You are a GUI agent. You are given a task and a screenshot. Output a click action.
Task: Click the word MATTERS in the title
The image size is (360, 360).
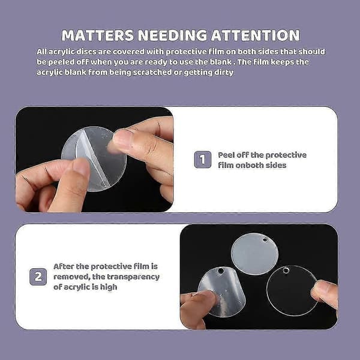click(98, 35)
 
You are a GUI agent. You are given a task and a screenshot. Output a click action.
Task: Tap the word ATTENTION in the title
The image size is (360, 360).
click(256, 35)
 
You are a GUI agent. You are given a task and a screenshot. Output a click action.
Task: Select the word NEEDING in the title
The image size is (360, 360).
click(172, 35)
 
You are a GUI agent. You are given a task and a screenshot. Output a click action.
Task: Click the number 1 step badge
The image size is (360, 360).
click(203, 160)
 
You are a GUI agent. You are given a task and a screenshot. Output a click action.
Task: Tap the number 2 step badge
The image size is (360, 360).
click(38, 277)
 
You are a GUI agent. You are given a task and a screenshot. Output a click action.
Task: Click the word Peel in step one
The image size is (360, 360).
click(226, 155)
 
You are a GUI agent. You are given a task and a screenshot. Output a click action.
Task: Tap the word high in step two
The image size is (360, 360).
click(109, 287)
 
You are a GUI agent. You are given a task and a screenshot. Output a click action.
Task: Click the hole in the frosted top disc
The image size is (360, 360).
click(265, 240)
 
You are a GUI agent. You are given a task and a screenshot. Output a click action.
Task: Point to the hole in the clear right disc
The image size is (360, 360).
click(286, 270)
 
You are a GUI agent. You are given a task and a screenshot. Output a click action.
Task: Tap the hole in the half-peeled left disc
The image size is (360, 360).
click(221, 271)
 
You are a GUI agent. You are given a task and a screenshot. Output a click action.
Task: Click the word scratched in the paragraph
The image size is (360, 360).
click(152, 73)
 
